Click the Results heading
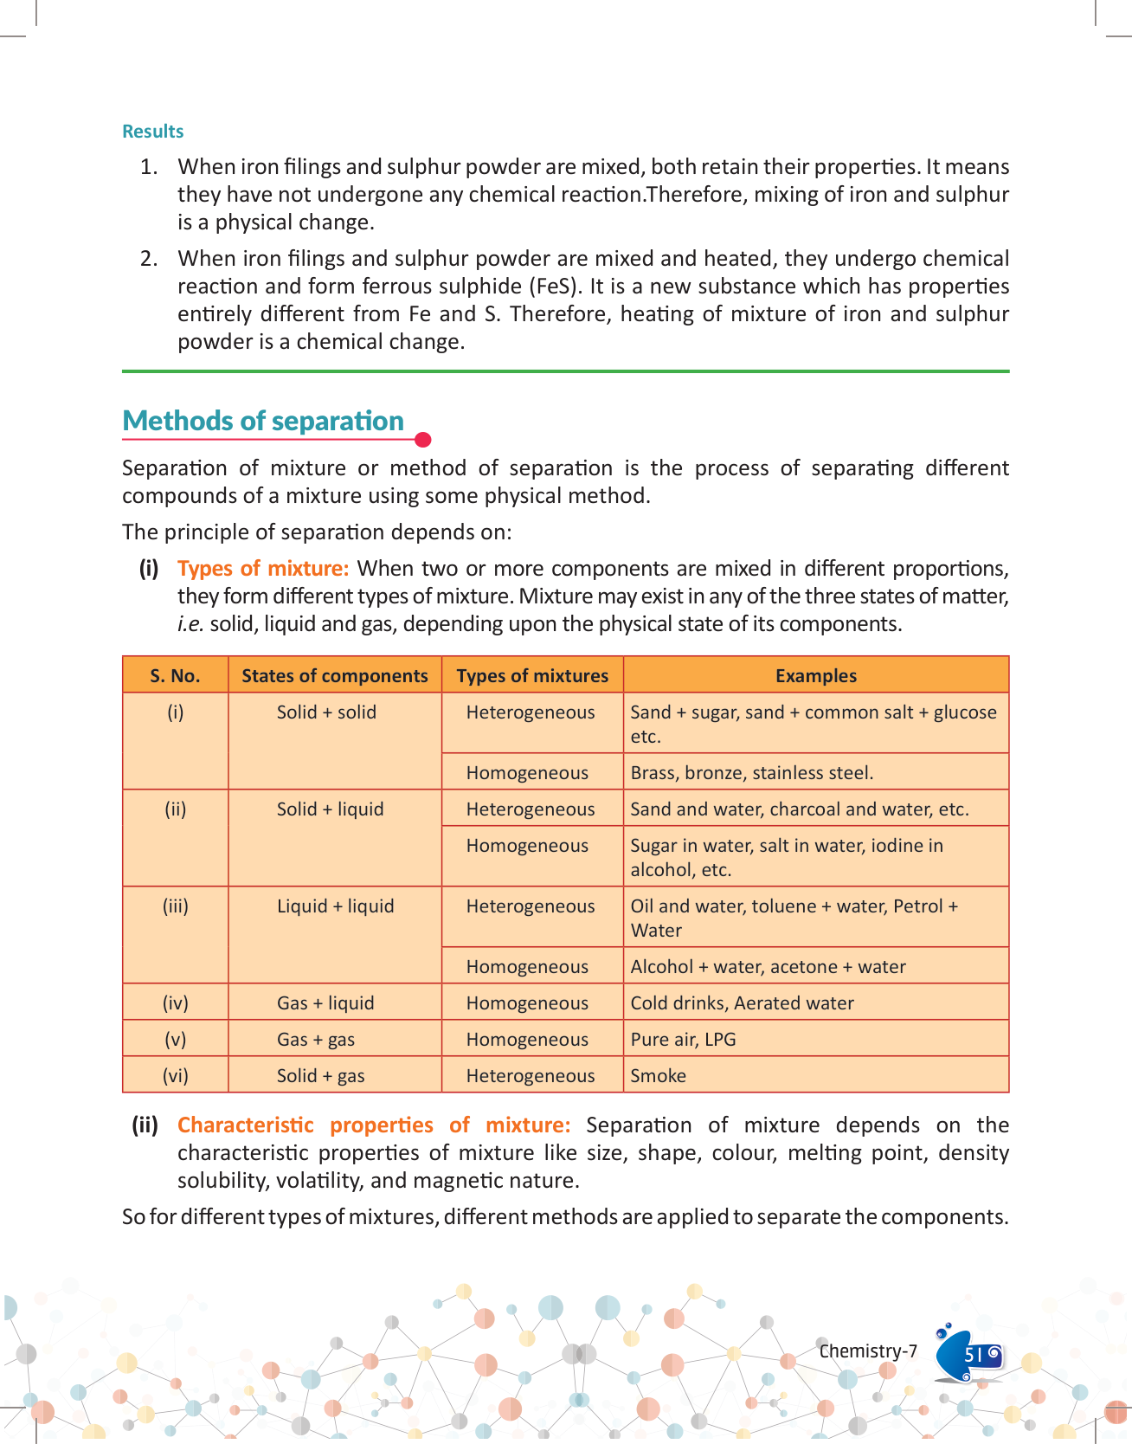(x=152, y=132)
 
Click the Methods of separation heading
(x=263, y=421)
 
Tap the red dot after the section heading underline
(x=423, y=440)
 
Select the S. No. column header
(x=175, y=676)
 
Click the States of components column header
(x=335, y=676)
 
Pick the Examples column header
(x=815, y=676)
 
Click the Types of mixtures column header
(x=532, y=676)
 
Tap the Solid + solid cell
(x=326, y=712)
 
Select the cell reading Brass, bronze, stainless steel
(x=751, y=773)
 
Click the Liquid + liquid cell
(x=335, y=906)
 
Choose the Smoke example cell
(x=658, y=1076)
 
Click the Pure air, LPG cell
(x=683, y=1040)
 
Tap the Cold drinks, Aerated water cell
(x=742, y=1003)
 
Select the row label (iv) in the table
(x=175, y=1003)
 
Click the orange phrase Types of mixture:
(x=263, y=569)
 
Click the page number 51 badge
(x=973, y=1355)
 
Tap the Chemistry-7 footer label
(x=868, y=1351)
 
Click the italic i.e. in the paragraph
(x=190, y=624)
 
